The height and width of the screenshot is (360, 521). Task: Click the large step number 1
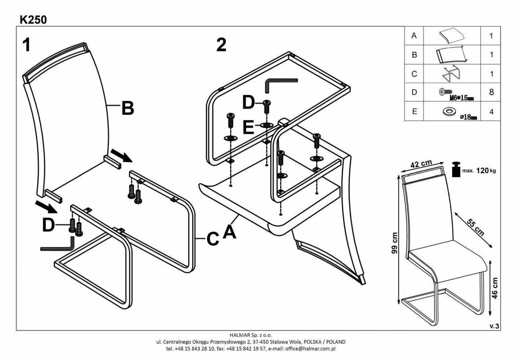pos(26,45)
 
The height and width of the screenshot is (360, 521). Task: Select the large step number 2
pos(221,45)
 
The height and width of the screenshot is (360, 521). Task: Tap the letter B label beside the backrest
pos(128,108)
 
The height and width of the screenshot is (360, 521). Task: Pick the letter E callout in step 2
pos(248,127)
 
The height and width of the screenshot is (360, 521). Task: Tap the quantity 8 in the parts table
pos(491,92)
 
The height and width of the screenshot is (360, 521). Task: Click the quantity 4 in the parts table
pos(491,112)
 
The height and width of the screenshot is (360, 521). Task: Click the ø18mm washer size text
pos(467,117)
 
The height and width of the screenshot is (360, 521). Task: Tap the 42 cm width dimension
pos(421,164)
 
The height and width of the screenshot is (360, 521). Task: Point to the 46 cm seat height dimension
pos(495,288)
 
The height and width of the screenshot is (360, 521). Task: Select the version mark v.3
pos(494,326)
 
